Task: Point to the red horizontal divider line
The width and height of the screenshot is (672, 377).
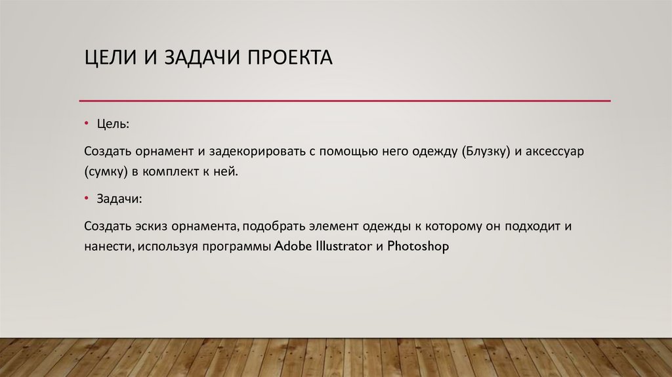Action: click(x=345, y=100)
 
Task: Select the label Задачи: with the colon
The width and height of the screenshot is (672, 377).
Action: click(x=119, y=198)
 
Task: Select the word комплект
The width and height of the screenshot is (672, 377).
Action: click(x=178, y=171)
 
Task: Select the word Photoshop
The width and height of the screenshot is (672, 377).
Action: click(x=418, y=248)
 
